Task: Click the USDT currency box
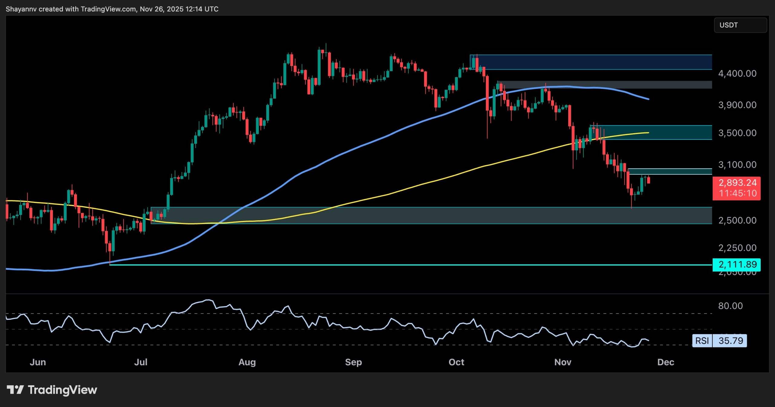tap(740, 25)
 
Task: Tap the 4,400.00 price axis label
tap(737, 74)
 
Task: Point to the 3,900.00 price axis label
tap(737, 105)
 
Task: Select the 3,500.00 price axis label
tap(737, 133)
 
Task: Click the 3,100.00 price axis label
tap(737, 165)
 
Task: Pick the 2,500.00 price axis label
tap(737, 220)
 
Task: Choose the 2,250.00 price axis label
tap(737, 248)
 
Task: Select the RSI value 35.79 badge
tap(730, 341)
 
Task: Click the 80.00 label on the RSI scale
tap(730, 306)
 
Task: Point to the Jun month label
tap(38, 362)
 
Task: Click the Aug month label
tap(247, 362)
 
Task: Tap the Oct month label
tap(456, 362)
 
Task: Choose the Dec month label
tap(666, 362)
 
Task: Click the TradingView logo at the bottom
tap(52, 390)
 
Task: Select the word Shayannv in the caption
tap(21, 9)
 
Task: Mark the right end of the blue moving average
tap(648, 99)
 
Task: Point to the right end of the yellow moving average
tap(648, 133)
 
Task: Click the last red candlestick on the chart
tap(648, 181)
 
